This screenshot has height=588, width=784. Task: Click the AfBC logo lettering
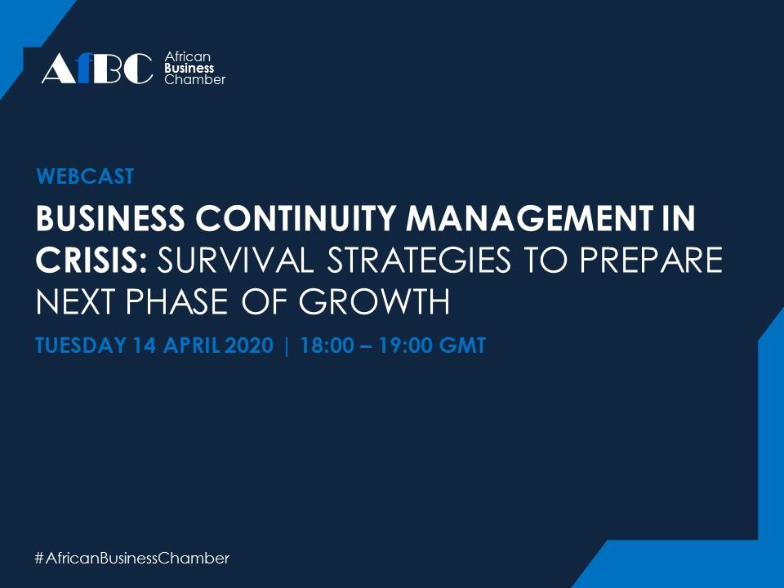pyautogui.click(x=97, y=68)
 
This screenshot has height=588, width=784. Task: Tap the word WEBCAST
pyautogui.click(x=85, y=176)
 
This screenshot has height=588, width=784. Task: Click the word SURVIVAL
pyautogui.click(x=235, y=260)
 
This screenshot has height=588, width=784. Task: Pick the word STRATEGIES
pyautogui.click(x=419, y=260)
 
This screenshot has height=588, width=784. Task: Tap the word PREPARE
pyautogui.click(x=651, y=260)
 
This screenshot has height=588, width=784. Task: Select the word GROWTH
pyautogui.click(x=374, y=302)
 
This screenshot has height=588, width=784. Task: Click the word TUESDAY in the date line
pyautogui.click(x=81, y=345)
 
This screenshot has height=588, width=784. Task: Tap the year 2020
pyautogui.click(x=249, y=345)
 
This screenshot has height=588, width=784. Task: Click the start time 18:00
pyautogui.click(x=327, y=345)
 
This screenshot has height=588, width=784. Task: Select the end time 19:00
pyautogui.click(x=404, y=345)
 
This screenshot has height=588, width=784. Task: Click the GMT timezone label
pyautogui.click(x=462, y=345)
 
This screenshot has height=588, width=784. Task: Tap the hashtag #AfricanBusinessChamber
pyautogui.click(x=132, y=558)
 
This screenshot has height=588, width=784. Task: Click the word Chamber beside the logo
pyautogui.click(x=195, y=79)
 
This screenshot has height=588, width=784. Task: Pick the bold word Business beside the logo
pyautogui.click(x=189, y=68)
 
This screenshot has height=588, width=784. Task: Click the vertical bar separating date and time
pyautogui.click(x=287, y=346)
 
